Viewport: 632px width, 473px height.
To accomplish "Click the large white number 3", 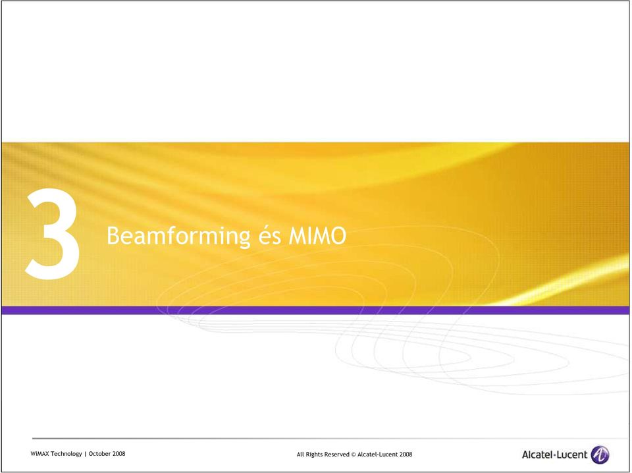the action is pos(52,233).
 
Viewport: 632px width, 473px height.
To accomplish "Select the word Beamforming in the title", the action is pos(178,236).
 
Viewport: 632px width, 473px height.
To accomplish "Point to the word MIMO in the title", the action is pos(317,235).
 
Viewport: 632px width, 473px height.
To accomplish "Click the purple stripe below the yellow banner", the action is pos(315,310).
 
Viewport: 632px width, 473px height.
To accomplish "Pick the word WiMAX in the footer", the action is pos(39,454).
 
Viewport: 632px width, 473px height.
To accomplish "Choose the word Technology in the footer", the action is pos(66,454).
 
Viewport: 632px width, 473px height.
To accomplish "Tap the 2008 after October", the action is pos(119,454).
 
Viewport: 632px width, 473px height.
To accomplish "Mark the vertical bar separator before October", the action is pos(85,454).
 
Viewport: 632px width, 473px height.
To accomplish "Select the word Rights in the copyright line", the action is pos(313,455).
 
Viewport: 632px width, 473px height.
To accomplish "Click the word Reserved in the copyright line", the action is pos(336,455).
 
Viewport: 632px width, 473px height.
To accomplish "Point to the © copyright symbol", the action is pos(354,455).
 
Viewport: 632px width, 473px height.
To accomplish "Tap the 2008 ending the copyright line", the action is pos(406,455).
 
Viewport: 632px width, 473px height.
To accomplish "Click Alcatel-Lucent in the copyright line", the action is pos(378,455).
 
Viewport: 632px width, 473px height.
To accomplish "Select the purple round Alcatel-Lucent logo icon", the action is pos(600,455).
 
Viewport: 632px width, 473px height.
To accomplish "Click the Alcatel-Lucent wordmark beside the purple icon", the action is pos(554,455).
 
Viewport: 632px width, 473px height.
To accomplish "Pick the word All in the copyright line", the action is pos(300,455).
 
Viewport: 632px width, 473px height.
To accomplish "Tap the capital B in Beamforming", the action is pos(113,236).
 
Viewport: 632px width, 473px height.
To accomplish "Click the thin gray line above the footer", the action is pos(330,438).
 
